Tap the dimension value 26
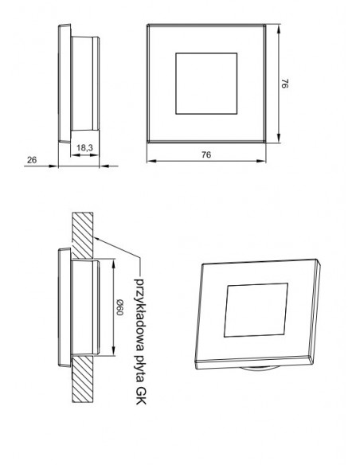tap(33, 160)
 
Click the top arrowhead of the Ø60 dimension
tap(114, 263)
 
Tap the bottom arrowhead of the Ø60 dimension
tap(114, 353)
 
